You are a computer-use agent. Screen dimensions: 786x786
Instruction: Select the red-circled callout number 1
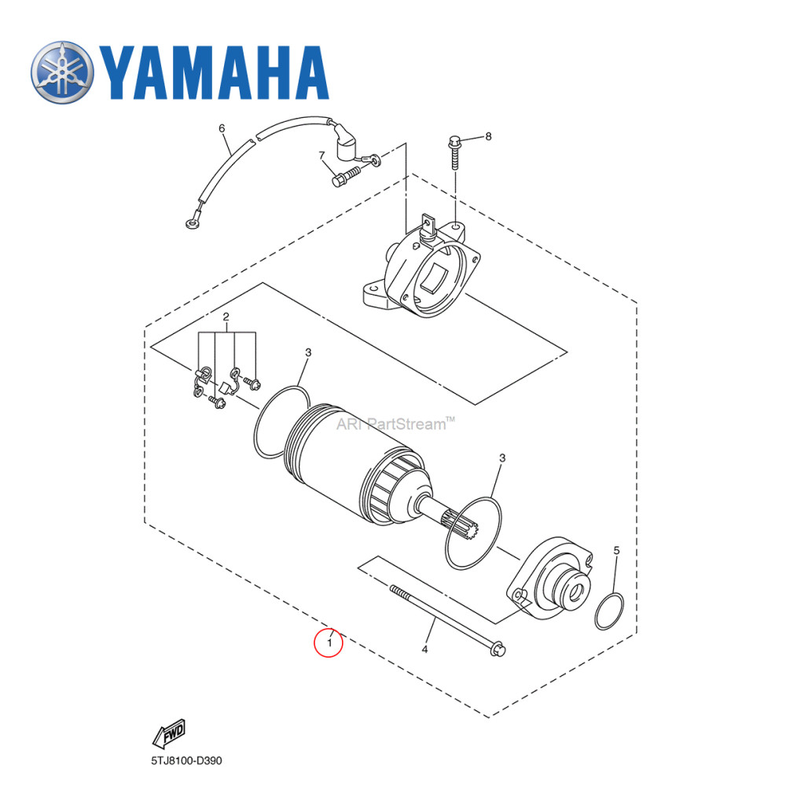[x=329, y=644]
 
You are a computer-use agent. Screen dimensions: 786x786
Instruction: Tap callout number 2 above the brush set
[x=226, y=318]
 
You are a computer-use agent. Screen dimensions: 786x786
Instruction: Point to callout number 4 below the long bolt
[x=425, y=649]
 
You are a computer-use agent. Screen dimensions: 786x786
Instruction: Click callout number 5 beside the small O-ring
[x=616, y=551]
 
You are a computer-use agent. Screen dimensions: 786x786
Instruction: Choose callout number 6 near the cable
[x=222, y=128]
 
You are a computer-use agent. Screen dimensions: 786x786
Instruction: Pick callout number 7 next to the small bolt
[x=321, y=155]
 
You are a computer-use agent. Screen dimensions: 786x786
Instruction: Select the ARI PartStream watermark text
[x=395, y=425]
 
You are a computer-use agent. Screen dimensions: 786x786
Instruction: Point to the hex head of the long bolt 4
[x=498, y=648]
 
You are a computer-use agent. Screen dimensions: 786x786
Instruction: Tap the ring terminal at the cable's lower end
[x=191, y=226]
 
